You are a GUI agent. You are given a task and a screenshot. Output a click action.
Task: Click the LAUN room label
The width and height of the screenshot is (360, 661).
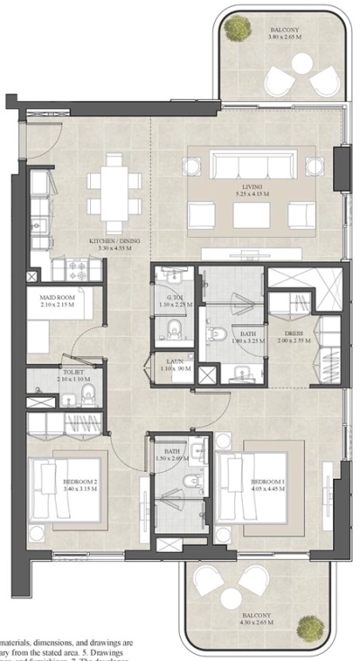click(x=175, y=365)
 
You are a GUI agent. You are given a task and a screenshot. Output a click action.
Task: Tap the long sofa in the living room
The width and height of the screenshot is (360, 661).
click(x=252, y=164)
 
